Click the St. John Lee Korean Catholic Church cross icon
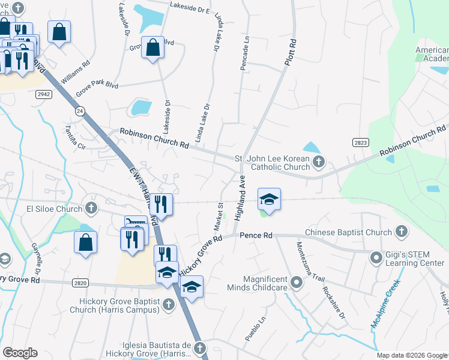318,161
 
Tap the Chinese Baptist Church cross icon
401,232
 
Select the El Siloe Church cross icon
91,209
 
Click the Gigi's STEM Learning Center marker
376,258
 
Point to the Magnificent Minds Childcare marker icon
295,281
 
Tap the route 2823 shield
360,142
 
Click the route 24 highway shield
79,111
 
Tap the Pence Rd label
256,236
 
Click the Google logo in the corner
20,353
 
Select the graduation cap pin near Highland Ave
270,199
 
